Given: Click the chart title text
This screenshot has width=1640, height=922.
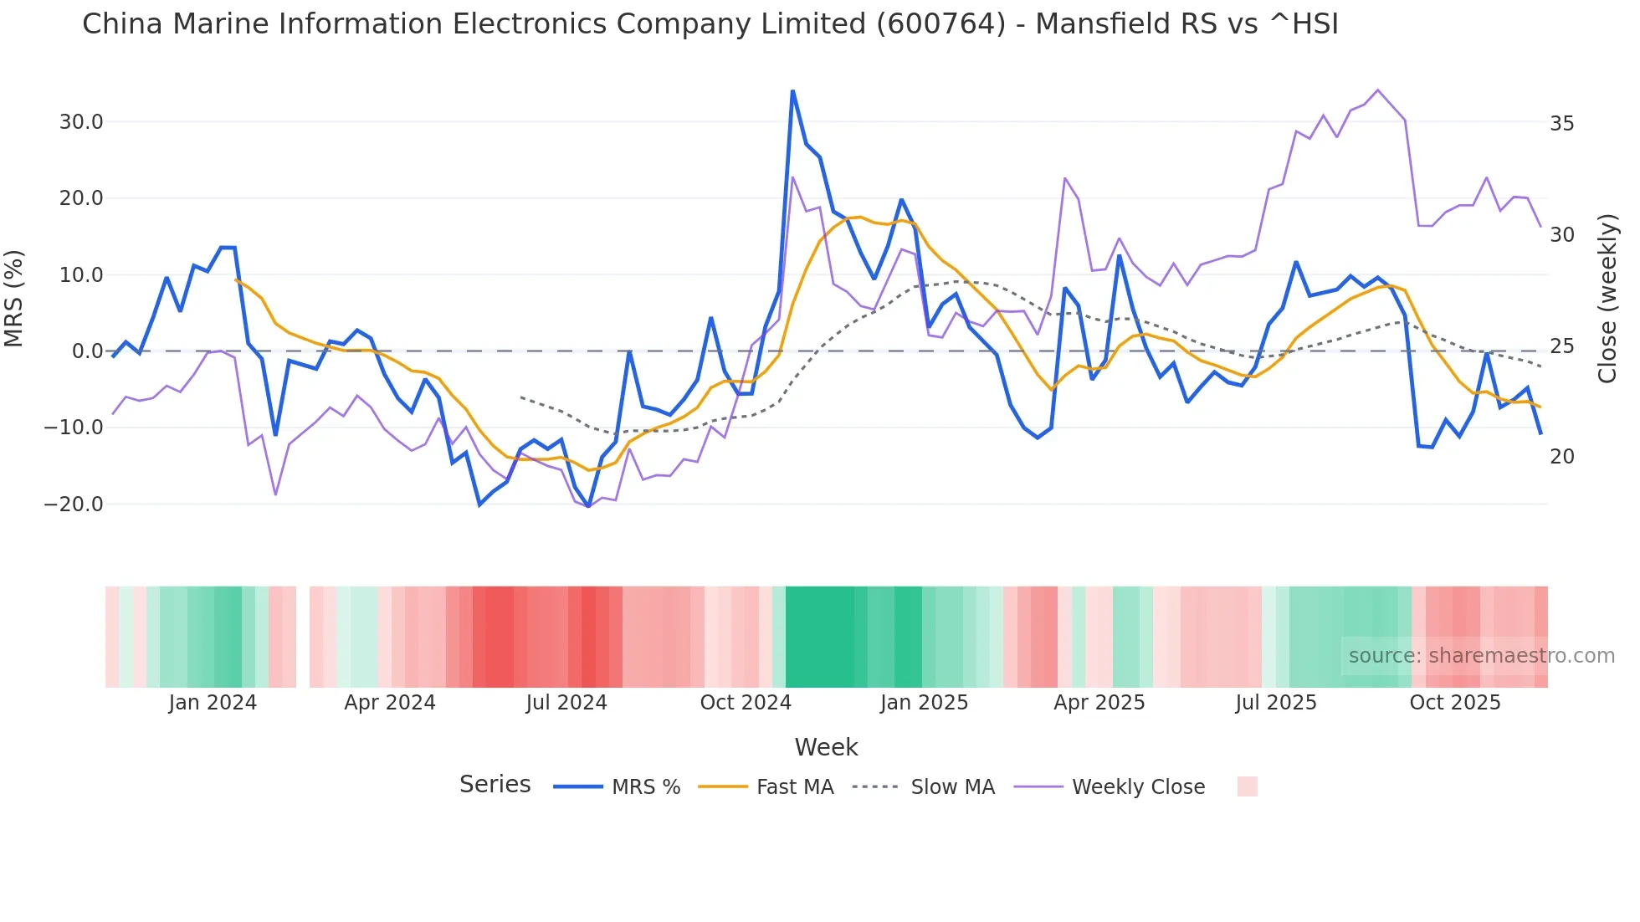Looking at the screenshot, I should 710,24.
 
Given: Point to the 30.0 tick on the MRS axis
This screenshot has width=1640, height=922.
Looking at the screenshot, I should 81,122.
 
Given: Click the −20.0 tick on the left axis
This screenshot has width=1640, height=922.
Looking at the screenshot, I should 74,505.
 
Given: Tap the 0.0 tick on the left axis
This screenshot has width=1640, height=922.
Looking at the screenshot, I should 87,351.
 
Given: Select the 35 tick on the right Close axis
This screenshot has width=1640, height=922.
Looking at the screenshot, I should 1561,124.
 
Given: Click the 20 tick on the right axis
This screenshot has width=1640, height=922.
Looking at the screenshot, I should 1561,457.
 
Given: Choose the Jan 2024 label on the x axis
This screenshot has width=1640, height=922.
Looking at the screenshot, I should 213,703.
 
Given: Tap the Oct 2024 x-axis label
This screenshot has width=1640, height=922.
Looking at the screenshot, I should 746,703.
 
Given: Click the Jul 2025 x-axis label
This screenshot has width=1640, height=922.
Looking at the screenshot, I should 1275,703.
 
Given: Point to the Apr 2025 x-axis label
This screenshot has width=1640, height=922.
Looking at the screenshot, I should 1099,703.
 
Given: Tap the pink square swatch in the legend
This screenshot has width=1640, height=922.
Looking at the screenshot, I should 1247,786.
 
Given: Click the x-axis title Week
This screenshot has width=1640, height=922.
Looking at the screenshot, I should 826,747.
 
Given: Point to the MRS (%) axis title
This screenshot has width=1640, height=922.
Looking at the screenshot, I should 14,299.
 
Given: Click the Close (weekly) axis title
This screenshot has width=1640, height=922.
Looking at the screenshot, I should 1607,299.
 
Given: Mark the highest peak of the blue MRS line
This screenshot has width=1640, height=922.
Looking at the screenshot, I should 792,91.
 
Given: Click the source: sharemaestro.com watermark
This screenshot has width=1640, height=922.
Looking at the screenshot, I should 1481,656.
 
